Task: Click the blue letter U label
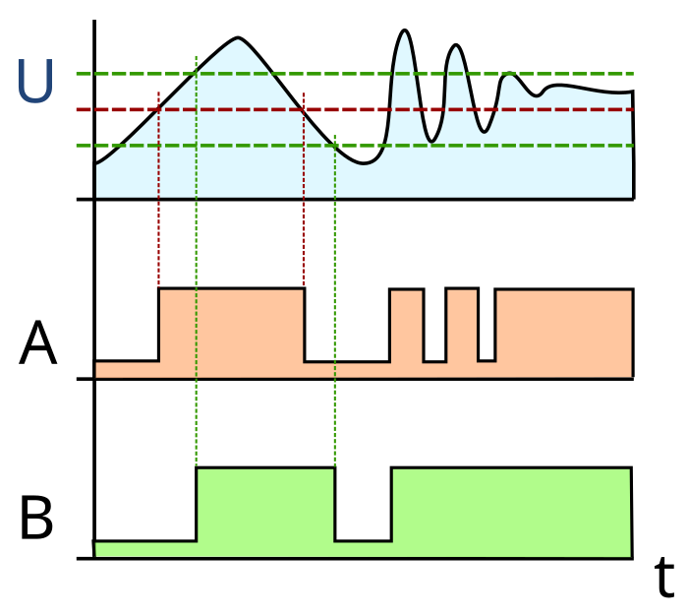pos(35,82)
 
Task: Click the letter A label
pos(37,343)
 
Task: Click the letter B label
pos(36,518)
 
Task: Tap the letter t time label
pos(663,576)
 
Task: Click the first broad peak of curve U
pos(238,38)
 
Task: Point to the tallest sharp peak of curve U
pos(404,31)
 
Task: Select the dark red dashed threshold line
pos(355,109)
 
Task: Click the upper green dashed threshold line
pos(355,74)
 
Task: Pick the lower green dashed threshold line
pos(355,146)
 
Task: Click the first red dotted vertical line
pos(158,190)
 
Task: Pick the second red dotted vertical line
pos(304,190)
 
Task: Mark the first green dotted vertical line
pos(197,262)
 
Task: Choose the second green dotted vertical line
pos(335,301)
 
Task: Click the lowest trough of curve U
pos(365,163)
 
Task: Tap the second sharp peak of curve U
pos(456,45)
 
